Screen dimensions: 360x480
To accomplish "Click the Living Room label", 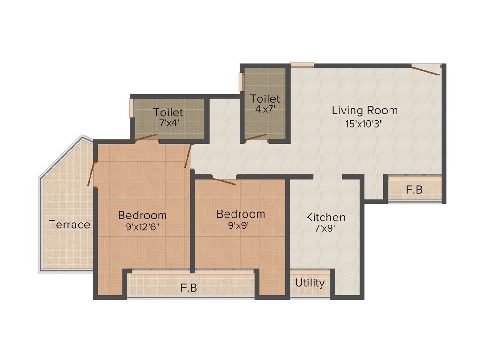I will tap(365, 111).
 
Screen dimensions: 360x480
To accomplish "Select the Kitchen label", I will tap(325, 217).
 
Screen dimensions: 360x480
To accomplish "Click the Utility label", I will tap(310, 283).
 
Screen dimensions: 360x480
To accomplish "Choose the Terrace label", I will tap(70, 225).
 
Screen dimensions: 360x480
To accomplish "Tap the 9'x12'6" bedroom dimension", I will tap(142, 228).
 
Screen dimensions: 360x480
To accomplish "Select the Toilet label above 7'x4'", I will tap(168, 112).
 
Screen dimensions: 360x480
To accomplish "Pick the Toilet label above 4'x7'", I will tap(265, 99).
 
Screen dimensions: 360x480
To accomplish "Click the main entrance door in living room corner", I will tap(426, 70).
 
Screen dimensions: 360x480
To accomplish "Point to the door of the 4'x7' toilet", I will tap(256, 137).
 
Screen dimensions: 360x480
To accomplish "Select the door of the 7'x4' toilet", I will tap(146, 137).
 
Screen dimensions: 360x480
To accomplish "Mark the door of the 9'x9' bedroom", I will tap(224, 181).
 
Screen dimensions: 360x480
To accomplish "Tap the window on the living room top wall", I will tap(302, 65).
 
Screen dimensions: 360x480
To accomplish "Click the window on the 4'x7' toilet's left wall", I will tap(241, 82).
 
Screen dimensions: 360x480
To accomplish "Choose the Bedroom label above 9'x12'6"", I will tap(142, 215).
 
